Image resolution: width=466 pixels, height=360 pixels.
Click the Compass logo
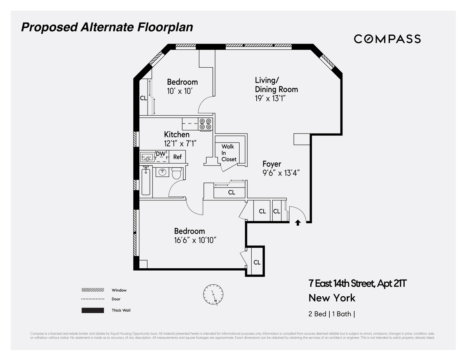coord(387,39)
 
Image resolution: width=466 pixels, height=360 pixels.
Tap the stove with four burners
coord(205,124)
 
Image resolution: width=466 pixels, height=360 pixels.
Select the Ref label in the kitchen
coord(177,157)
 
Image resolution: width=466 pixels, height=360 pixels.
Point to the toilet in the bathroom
coord(177,173)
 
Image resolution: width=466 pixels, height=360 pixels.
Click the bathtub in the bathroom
coord(146,181)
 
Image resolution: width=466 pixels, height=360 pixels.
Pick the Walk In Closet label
coord(229,153)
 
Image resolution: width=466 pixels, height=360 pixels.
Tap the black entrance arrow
coord(298,223)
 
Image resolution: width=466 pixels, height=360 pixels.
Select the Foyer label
coord(272,164)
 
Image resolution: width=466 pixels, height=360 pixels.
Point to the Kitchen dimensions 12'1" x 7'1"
coord(181,143)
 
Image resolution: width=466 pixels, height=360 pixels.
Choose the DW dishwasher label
coord(160,154)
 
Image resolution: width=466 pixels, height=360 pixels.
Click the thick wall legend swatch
coord(93,310)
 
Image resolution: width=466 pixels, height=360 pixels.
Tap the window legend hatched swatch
coord(93,290)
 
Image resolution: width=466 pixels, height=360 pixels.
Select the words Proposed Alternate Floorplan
coord(107,28)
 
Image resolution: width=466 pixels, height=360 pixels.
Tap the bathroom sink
coord(162,172)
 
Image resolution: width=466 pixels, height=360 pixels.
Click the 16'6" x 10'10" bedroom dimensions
coord(195,240)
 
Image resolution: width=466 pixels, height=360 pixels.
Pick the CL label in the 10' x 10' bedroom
coord(143,98)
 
